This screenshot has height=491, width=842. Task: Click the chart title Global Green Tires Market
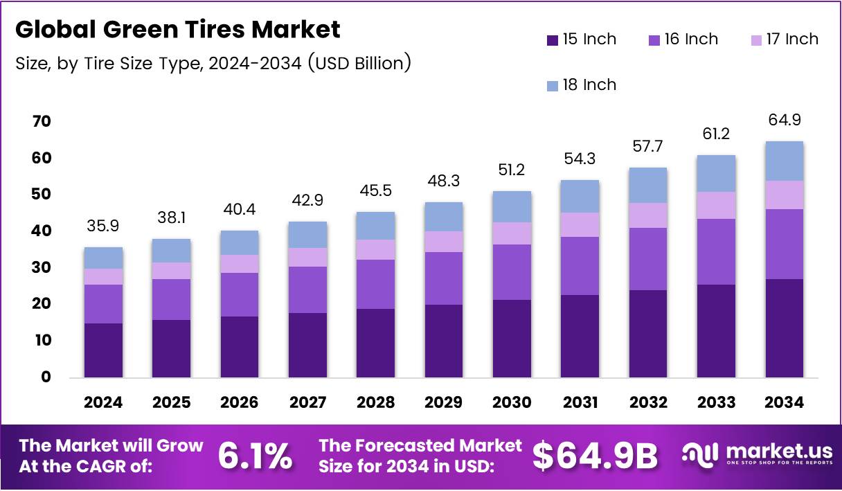click(x=178, y=30)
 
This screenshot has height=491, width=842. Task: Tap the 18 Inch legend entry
click(x=580, y=85)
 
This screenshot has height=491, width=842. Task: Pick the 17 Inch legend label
click(x=792, y=39)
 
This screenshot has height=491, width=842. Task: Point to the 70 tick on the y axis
click(x=41, y=122)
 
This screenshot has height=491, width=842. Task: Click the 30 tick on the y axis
click(x=41, y=268)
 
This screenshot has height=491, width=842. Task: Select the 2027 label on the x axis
click(x=308, y=403)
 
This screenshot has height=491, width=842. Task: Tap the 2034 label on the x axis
click(x=785, y=403)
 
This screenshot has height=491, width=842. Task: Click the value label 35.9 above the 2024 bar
click(x=104, y=226)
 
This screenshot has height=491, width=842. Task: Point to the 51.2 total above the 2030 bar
click(x=512, y=170)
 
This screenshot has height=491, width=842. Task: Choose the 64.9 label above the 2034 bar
click(x=785, y=120)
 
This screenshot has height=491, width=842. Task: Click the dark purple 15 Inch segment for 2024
click(x=104, y=350)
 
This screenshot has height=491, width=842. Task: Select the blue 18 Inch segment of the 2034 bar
click(x=785, y=161)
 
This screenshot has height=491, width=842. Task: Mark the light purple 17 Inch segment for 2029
click(x=444, y=242)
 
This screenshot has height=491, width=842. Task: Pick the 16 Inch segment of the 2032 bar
click(x=648, y=259)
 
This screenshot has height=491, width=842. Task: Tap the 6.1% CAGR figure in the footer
click(x=255, y=456)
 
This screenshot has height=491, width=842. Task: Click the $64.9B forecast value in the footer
click(x=595, y=456)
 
